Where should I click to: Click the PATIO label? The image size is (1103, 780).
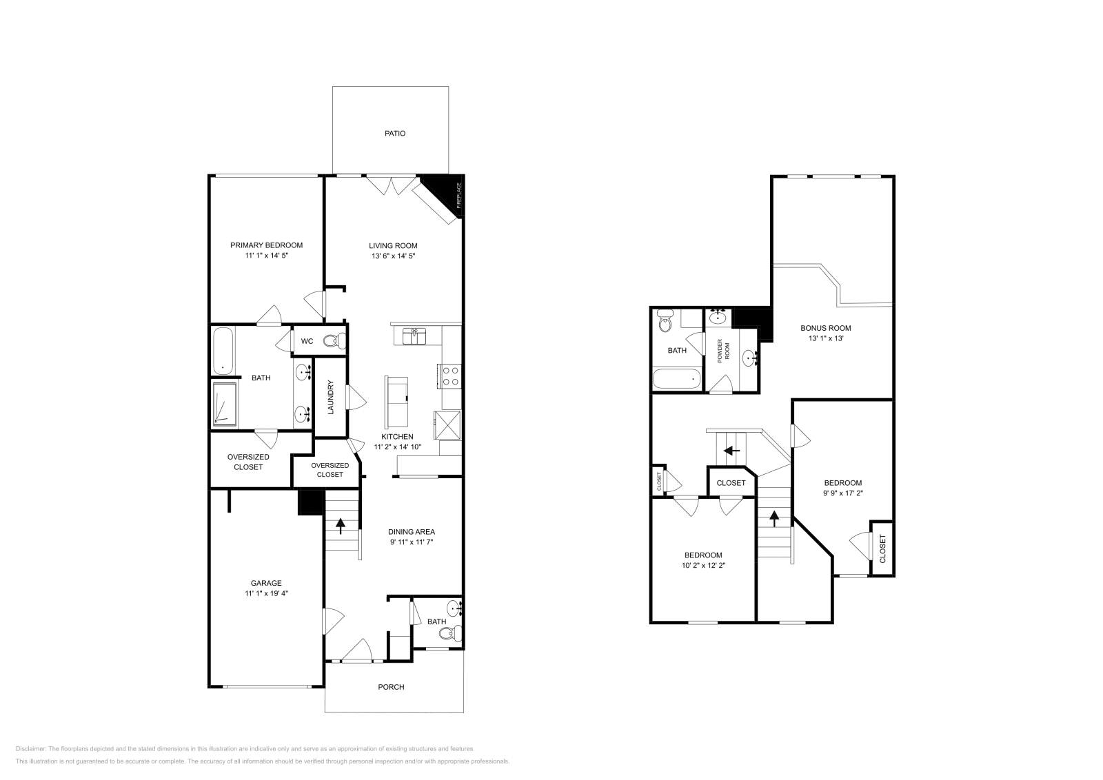pos(395,133)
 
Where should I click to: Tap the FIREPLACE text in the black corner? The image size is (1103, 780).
pos(458,195)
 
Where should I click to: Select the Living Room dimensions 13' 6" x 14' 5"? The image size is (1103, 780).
pos(393,256)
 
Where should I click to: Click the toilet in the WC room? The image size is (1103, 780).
pos(334,340)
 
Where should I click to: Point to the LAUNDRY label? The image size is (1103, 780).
pos(330,398)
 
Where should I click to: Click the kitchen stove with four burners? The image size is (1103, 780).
pos(450,376)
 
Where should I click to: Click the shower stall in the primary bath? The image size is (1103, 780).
pos(225,405)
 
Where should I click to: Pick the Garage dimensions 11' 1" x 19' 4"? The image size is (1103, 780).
pos(266,593)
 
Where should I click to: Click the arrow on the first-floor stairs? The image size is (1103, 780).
pos(341,526)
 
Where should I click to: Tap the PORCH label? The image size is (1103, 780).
pos(391,687)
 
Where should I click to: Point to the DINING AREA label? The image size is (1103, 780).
pos(412,531)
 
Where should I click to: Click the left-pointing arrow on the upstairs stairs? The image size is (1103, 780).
pos(731,451)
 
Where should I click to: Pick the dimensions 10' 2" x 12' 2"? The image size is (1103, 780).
pos(703,565)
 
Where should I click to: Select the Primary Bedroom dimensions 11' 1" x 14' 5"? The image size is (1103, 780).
pos(266,256)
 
